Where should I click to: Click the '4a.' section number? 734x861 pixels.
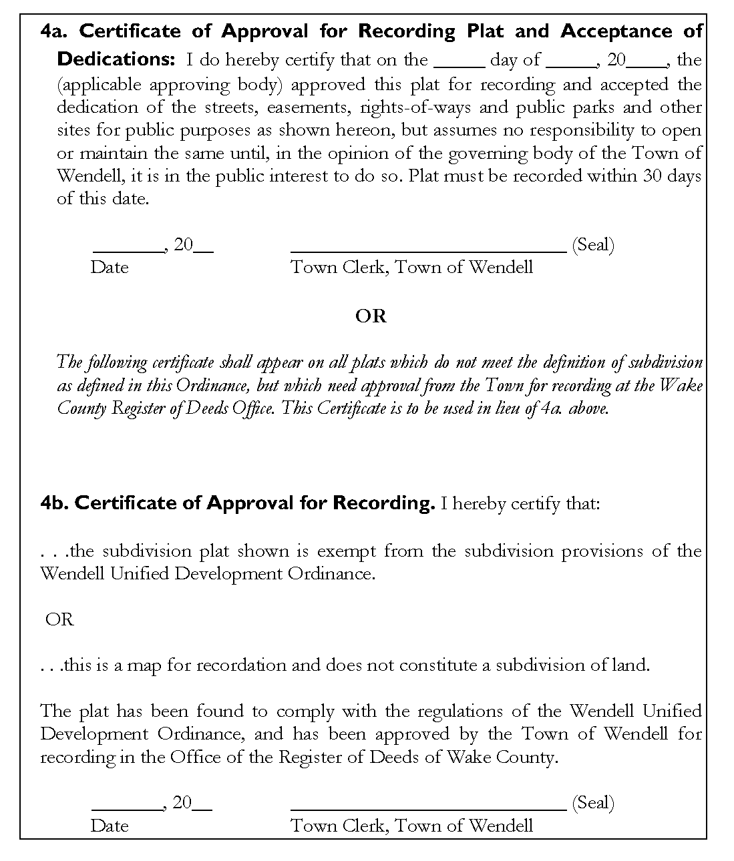[54, 31]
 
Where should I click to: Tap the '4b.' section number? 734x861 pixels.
[54, 503]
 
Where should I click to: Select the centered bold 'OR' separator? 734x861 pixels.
[371, 316]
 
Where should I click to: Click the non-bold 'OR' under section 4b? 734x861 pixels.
[59, 619]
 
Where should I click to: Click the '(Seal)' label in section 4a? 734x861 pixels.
[593, 245]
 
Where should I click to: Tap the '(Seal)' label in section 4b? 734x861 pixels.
[593, 802]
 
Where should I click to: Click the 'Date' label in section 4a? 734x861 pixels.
[110, 268]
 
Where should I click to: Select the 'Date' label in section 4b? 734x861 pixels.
[110, 826]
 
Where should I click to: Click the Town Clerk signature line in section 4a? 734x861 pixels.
[429, 252]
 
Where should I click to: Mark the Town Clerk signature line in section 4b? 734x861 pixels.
[429, 809]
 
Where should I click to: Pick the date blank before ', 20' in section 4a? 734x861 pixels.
[129, 252]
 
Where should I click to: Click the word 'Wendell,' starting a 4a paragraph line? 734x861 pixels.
[85, 176]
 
